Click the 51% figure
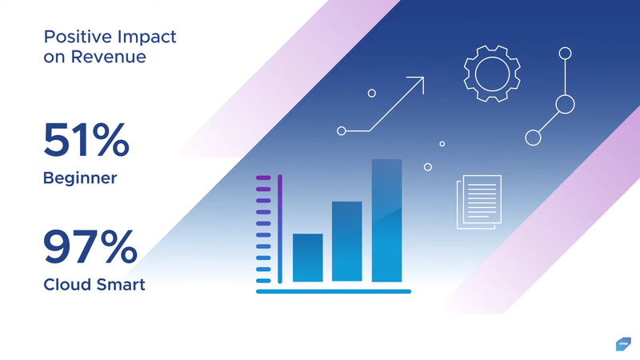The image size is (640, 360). click(86, 140)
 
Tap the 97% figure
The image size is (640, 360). click(90, 246)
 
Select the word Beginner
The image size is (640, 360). click(80, 178)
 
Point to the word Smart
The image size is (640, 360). click(119, 285)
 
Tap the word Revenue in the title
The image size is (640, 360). click(108, 57)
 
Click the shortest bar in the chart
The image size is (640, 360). click(308, 258)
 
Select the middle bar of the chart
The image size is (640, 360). click(347, 242)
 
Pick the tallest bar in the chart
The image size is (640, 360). click(386, 221)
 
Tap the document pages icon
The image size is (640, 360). click(478, 202)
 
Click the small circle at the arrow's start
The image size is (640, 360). click(342, 130)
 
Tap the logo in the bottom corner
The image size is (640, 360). click(623, 344)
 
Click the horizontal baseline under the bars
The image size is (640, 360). click(334, 291)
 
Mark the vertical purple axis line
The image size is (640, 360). click(280, 229)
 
